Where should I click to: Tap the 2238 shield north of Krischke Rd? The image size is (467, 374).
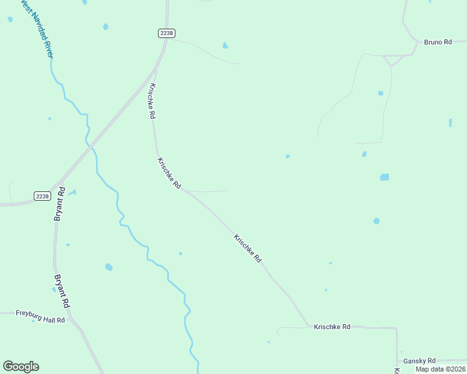point(166,33)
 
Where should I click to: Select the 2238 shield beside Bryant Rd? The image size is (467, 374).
point(42,196)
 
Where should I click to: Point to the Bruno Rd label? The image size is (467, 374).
point(438,42)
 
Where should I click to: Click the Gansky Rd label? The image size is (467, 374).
point(419,361)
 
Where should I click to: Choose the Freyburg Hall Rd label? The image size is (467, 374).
point(40,316)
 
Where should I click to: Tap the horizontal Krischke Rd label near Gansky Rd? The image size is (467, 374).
point(332,327)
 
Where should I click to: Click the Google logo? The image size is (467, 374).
point(21,367)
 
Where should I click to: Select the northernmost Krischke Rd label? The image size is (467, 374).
point(151,102)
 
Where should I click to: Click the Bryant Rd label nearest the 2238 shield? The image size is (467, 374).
point(59,204)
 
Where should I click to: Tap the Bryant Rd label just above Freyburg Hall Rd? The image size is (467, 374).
point(61,291)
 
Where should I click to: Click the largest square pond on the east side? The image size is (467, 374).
point(385,177)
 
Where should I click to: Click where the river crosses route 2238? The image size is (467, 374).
point(91,145)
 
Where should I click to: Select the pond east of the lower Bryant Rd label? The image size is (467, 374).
point(109,267)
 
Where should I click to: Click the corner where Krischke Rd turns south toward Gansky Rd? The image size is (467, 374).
point(396,328)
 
